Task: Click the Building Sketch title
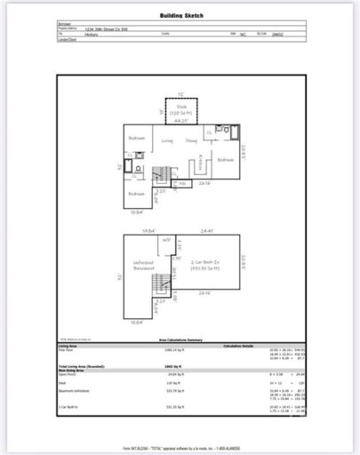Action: (180, 16)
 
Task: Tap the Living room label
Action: (167, 140)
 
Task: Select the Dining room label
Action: (191, 140)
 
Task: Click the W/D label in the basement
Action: (165, 241)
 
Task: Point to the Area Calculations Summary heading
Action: (181, 340)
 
